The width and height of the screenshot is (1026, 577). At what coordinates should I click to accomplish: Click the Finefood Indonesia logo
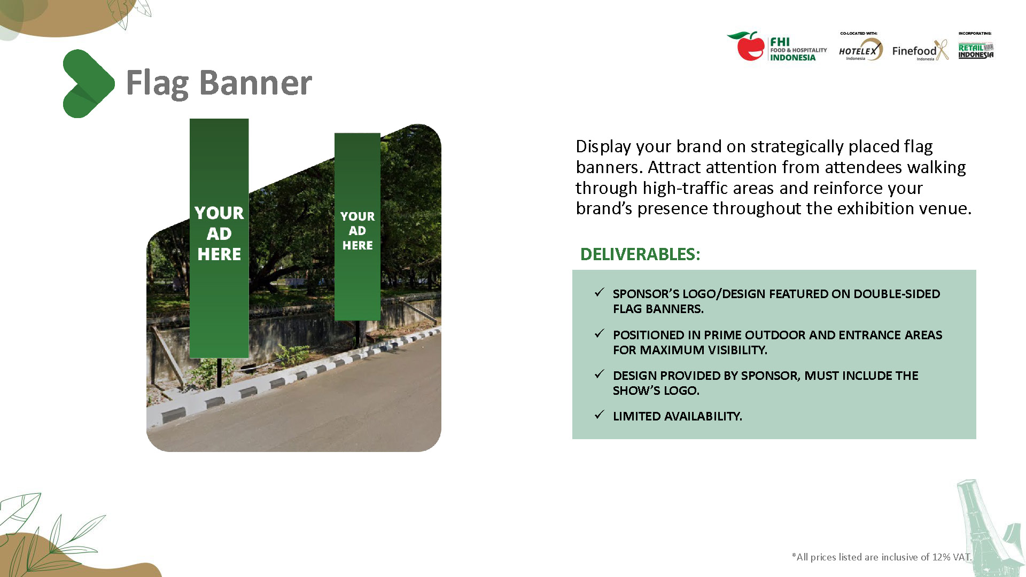pos(920,51)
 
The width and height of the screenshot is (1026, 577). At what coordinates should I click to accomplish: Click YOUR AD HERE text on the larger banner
pos(219,233)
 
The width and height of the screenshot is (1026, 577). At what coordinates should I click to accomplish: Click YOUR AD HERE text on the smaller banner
pos(357,231)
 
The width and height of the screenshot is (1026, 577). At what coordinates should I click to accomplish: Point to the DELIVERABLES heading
pos(640,254)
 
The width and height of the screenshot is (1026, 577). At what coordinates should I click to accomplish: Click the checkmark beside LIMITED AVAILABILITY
pos(600,415)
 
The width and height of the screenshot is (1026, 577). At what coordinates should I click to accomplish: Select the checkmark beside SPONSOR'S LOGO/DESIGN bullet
pos(600,292)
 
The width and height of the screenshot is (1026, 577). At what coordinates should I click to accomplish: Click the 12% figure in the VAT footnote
pos(941,557)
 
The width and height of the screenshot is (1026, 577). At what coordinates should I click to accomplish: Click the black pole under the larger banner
pos(219,371)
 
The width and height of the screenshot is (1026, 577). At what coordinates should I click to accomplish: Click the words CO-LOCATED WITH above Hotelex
pos(858,33)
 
